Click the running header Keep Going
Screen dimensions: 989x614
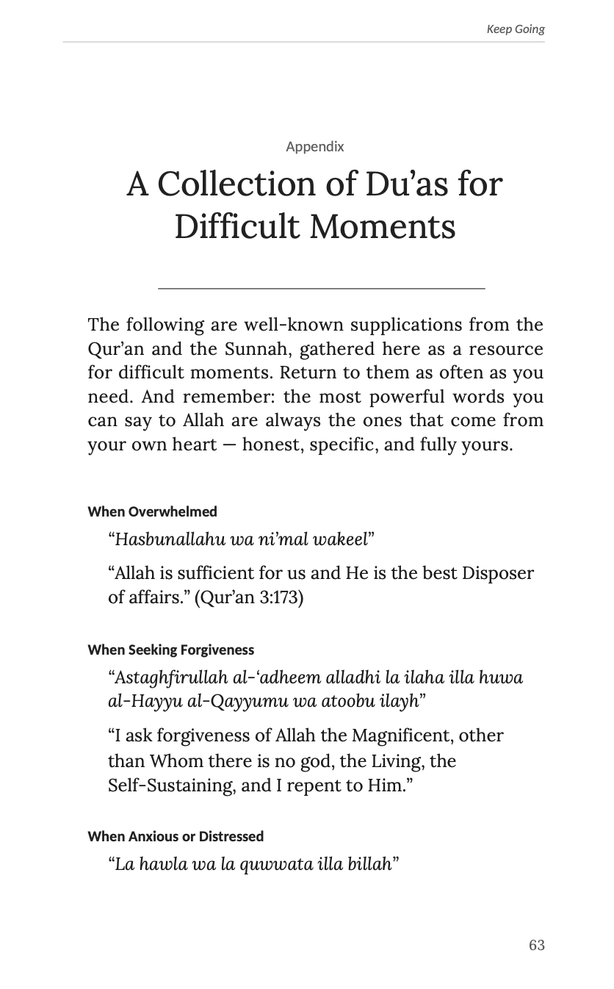click(515, 29)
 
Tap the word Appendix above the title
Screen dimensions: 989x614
click(314, 147)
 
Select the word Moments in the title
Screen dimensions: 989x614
click(382, 226)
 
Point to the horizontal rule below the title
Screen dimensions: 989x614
click(321, 289)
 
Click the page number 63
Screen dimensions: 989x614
click(536, 945)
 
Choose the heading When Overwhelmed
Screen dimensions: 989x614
click(152, 511)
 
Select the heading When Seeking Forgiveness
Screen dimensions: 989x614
click(170, 650)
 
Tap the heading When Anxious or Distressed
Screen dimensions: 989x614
click(176, 836)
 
